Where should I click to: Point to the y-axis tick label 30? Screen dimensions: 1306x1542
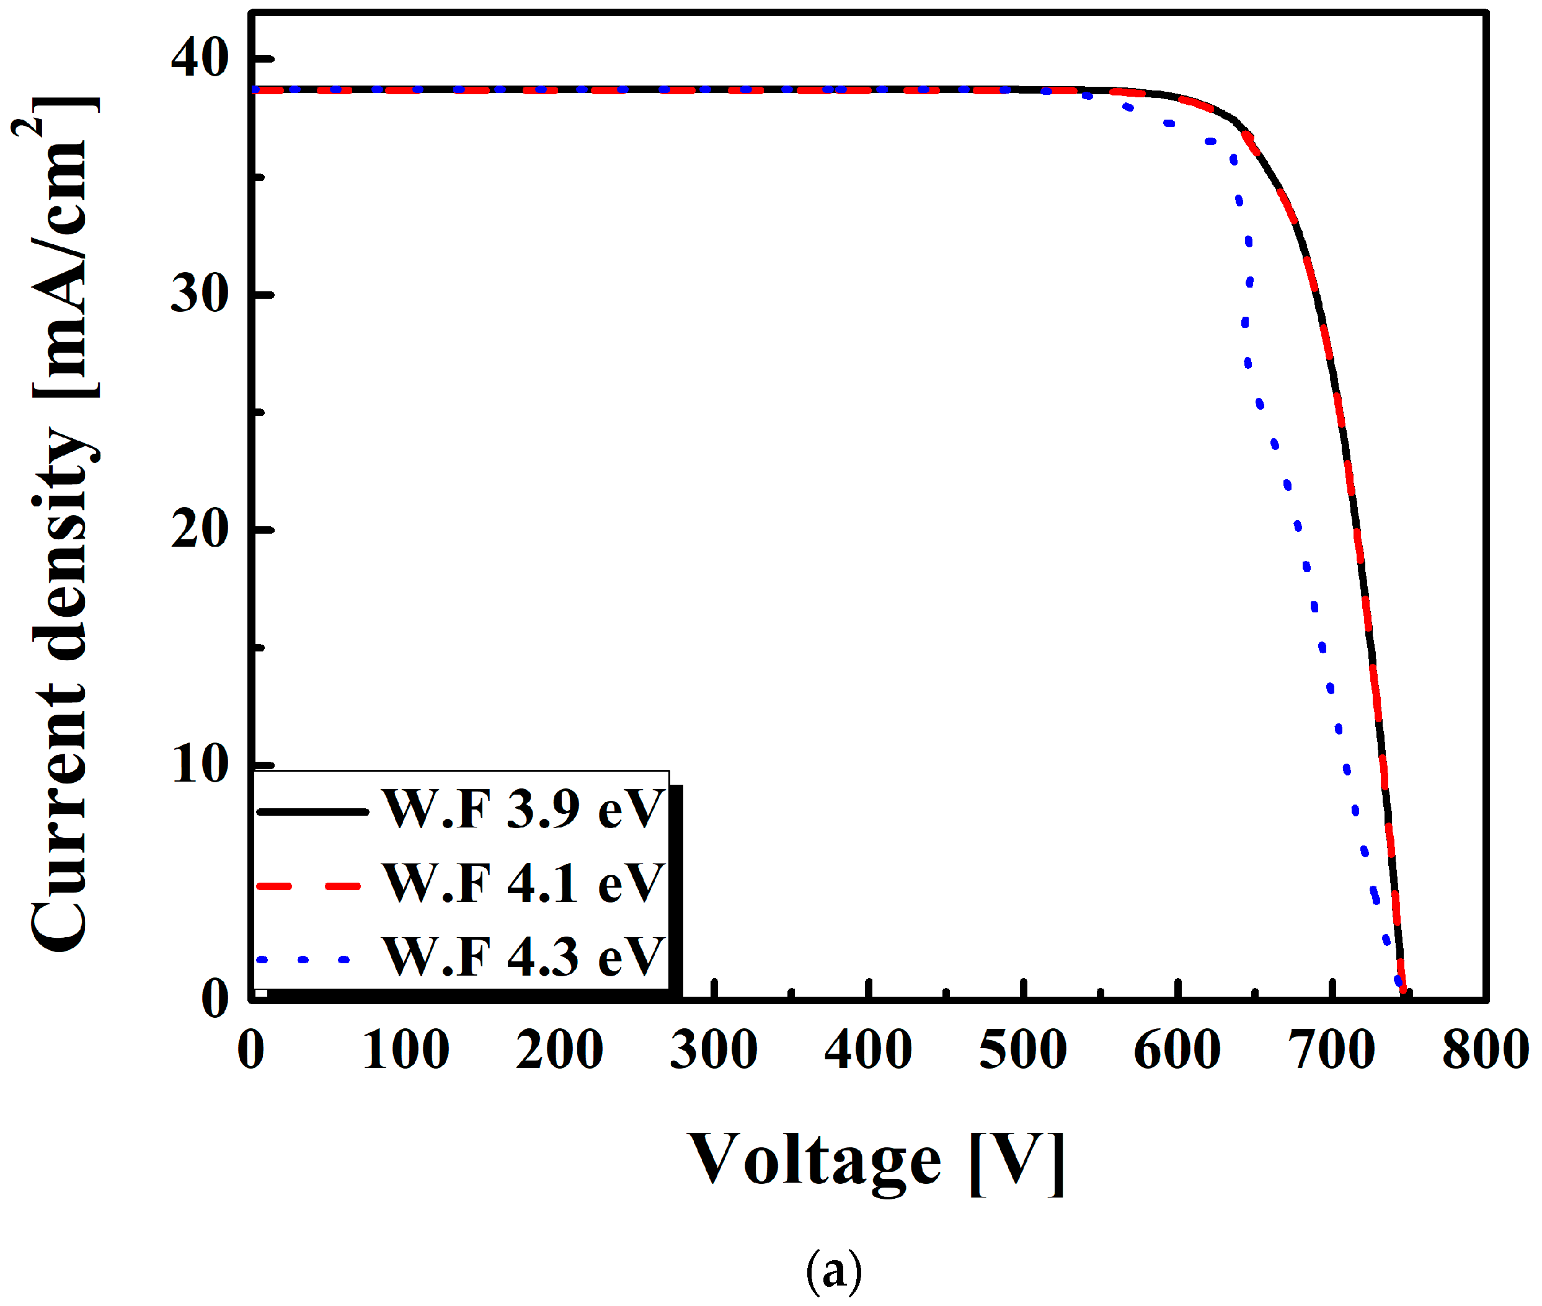click(x=198, y=294)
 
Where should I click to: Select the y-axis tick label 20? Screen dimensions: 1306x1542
click(x=198, y=529)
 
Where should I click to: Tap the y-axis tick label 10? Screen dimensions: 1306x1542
click(x=198, y=764)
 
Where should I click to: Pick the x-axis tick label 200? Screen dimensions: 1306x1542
click(x=559, y=1050)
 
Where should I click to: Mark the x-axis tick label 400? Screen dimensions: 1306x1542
click(x=868, y=1050)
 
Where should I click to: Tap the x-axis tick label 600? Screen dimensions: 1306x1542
click(x=1177, y=1050)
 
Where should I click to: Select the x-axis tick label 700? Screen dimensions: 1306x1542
click(x=1331, y=1050)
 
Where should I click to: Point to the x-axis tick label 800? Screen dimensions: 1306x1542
click(x=1485, y=1050)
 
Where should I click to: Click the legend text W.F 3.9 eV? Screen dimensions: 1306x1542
click(x=522, y=810)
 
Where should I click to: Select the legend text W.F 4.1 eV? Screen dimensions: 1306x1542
click(x=522, y=883)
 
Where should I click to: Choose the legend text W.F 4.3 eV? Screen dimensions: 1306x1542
click(x=522, y=957)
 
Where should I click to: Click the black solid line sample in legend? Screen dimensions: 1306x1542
click(x=312, y=812)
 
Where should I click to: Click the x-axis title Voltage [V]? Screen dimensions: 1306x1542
click(x=875, y=1161)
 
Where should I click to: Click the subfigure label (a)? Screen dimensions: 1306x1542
click(x=833, y=1271)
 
